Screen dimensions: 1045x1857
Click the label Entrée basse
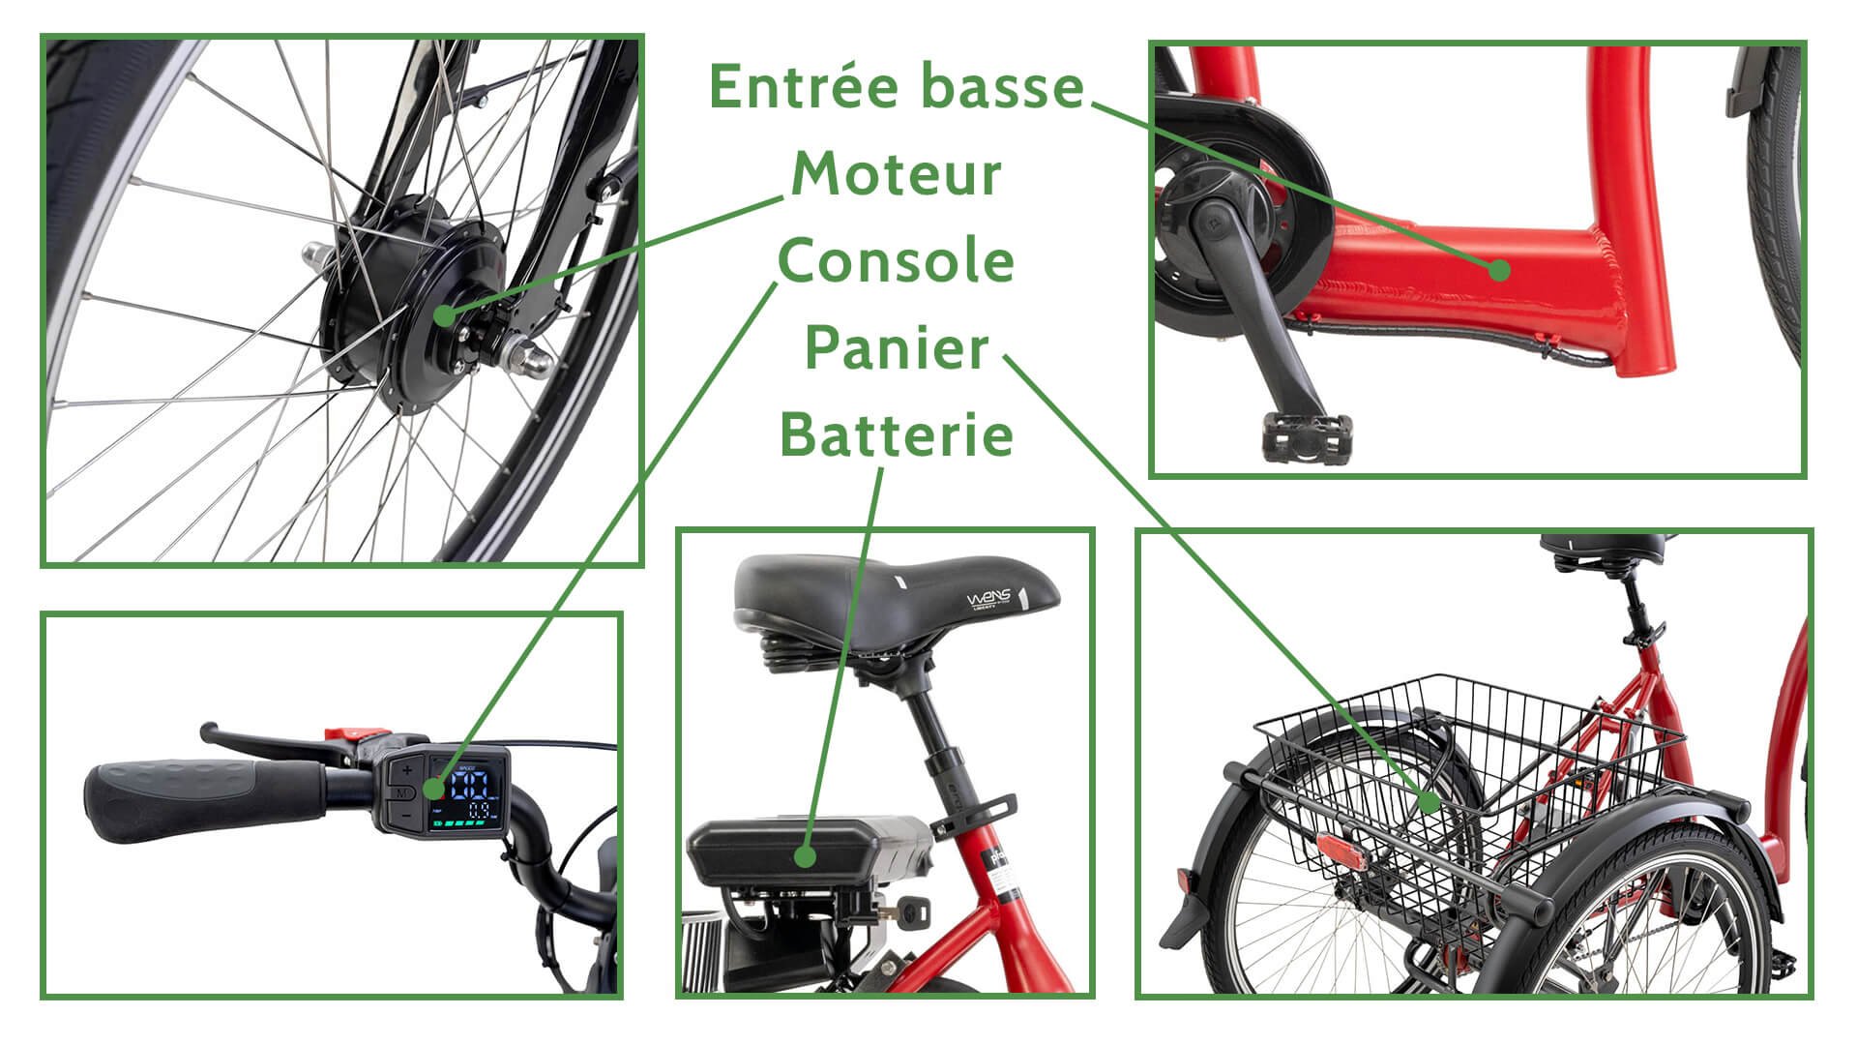click(897, 87)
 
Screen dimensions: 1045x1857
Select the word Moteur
click(897, 175)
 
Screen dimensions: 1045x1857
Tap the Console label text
click(897, 261)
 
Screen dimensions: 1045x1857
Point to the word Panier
click(897, 348)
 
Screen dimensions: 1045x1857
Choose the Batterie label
click(897, 434)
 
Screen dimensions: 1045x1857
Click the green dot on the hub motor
click(443, 314)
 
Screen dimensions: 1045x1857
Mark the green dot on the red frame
click(1499, 270)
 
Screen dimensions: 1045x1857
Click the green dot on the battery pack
click(804, 856)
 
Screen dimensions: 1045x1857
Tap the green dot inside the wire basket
click(1429, 801)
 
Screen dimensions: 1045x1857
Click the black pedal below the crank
click(1306, 436)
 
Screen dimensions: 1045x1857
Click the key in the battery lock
click(914, 909)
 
